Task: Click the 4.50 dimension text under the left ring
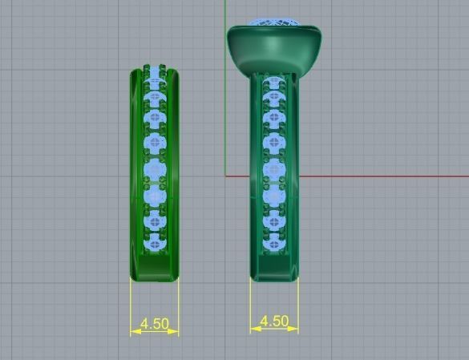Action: [154, 324]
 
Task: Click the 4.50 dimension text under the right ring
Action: [273, 321]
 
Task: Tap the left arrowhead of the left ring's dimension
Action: [134, 330]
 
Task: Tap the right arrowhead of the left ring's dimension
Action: [175, 330]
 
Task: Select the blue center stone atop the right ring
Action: [274, 22]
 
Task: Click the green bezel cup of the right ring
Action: [274, 48]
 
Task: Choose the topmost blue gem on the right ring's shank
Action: [274, 83]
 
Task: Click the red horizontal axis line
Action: [385, 176]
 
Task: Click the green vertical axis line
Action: [227, 120]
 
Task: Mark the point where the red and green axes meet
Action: [227, 176]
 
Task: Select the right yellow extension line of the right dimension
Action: [297, 305]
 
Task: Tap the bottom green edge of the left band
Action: [154, 279]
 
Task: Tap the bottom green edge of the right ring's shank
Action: [274, 278]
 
